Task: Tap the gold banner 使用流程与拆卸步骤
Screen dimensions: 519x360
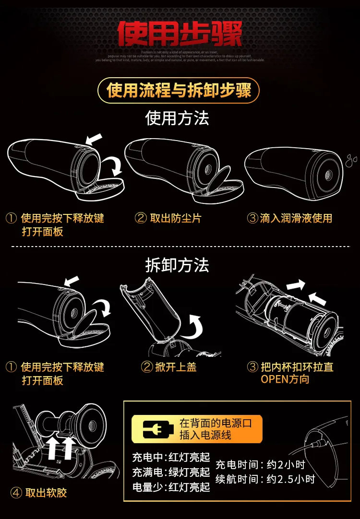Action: pyautogui.click(x=179, y=90)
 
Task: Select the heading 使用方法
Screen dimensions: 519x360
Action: pyautogui.click(x=177, y=118)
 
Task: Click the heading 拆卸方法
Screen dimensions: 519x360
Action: pyautogui.click(x=177, y=265)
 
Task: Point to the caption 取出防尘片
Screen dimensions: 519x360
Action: pyautogui.click(x=176, y=219)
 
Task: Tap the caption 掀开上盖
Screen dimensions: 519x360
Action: pyautogui.click(x=176, y=367)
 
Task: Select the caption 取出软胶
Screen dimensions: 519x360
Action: pyautogui.click(x=46, y=493)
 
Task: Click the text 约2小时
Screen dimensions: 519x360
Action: pyautogui.click(x=287, y=465)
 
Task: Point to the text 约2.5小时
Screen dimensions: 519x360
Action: pyautogui.click(x=291, y=479)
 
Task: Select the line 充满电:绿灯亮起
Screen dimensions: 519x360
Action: pyautogui.click(x=171, y=472)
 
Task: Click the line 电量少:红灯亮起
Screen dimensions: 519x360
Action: pyautogui.click(x=171, y=487)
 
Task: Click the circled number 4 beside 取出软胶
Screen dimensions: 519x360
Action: pyautogui.click(x=16, y=493)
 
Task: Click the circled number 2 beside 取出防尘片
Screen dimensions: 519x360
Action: pyautogui.click(x=141, y=219)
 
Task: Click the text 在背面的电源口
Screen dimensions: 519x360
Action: pyautogui.click(x=215, y=423)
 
